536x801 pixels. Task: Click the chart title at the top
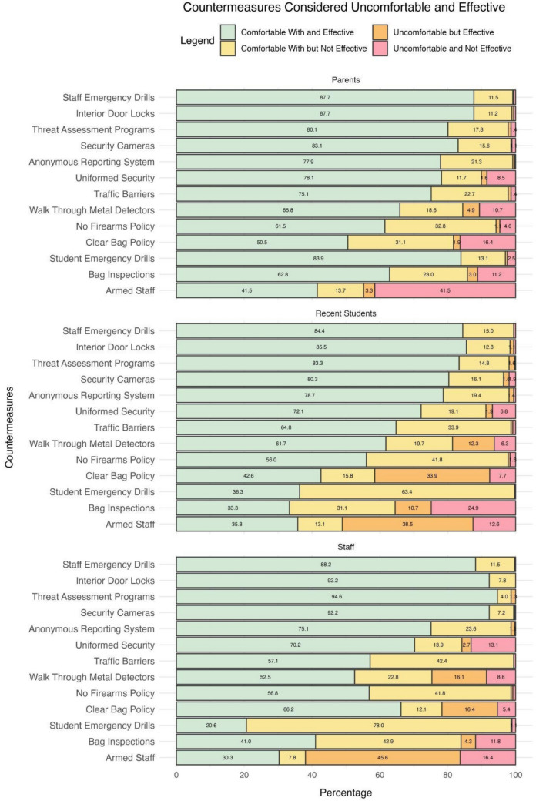pos(343,8)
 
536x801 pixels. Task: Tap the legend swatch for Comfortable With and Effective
pos(228,32)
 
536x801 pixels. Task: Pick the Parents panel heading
pos(345,79)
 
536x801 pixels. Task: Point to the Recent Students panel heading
pos(345,313)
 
